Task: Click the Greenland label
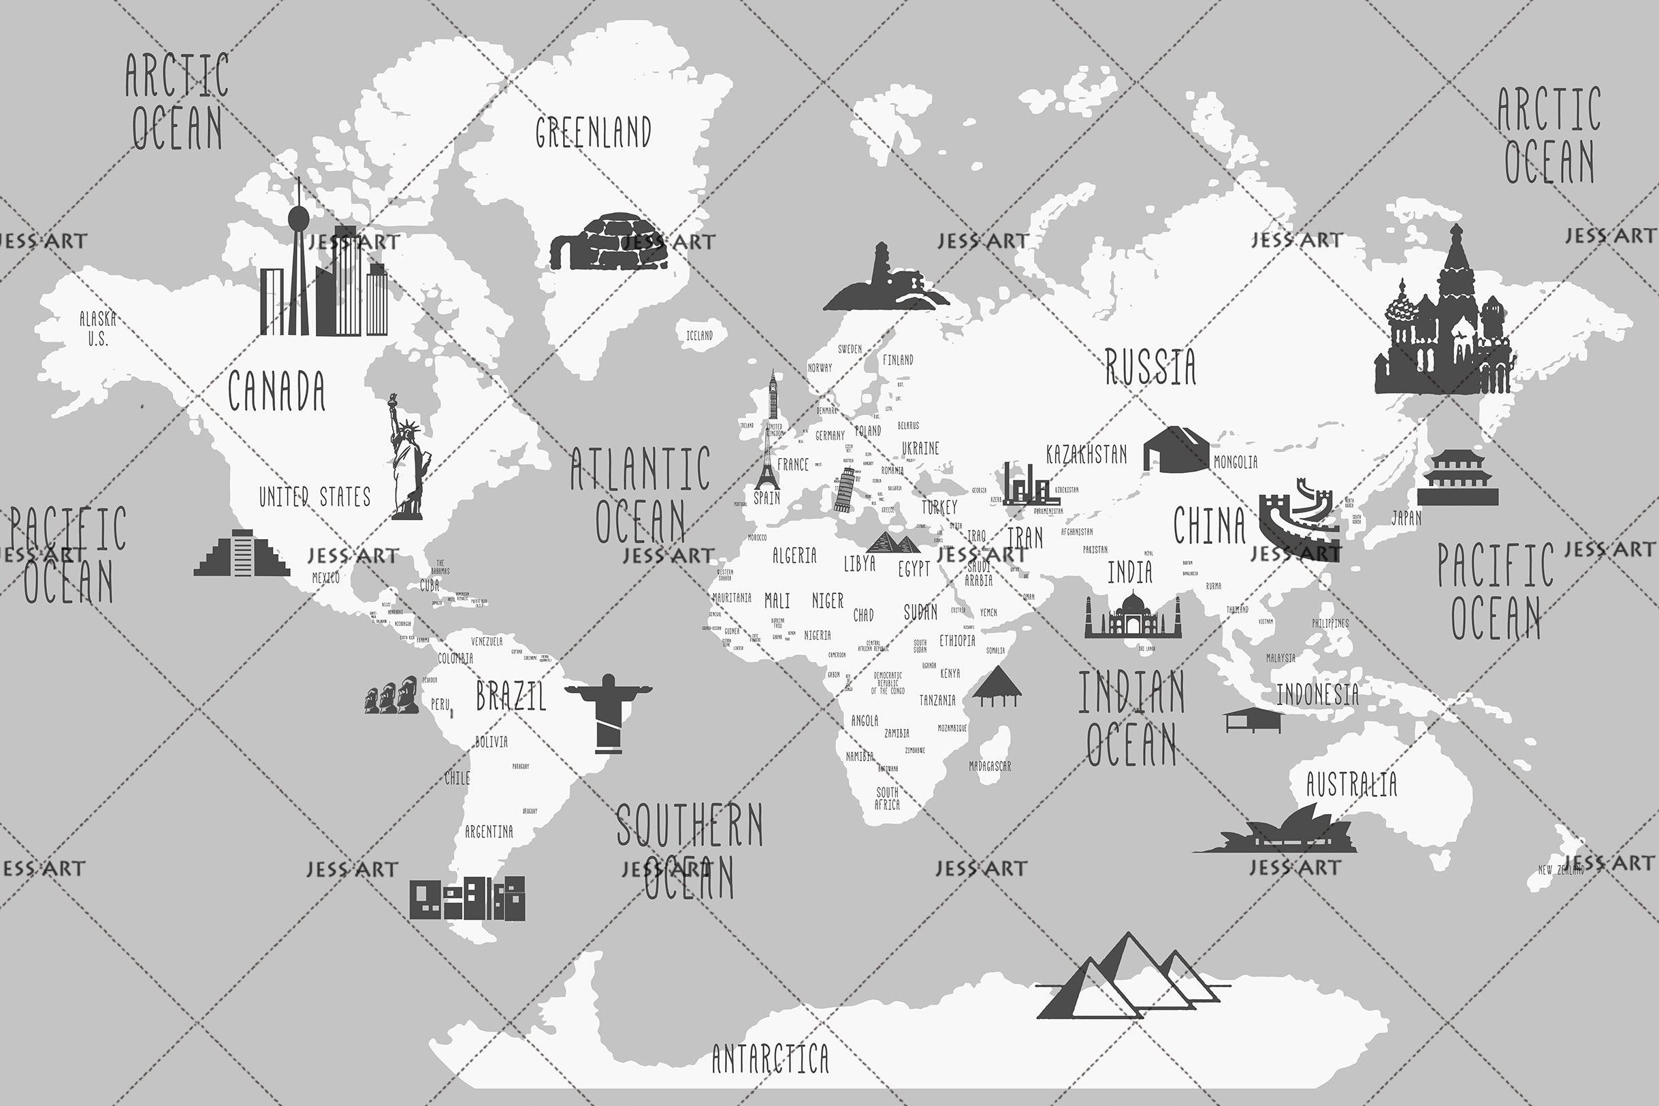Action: point(593,133)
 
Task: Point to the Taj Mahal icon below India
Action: point(1132,616)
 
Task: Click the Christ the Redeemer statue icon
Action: point(608,713)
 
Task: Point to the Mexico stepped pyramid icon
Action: point(242,554)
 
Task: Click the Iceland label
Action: point(699,336)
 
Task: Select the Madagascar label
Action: point(990,766)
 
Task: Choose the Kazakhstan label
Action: point(1086,455)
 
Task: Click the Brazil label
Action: point(511,697)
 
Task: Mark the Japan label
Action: point(1406,519)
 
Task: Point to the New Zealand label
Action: point(1561,870)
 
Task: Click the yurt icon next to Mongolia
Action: point(1176,449)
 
